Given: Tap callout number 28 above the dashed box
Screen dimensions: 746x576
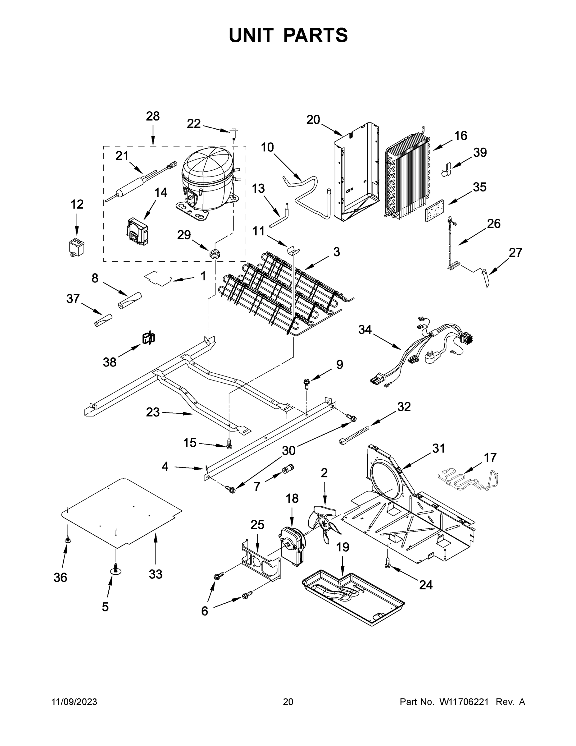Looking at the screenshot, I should [x=152, y=117].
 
